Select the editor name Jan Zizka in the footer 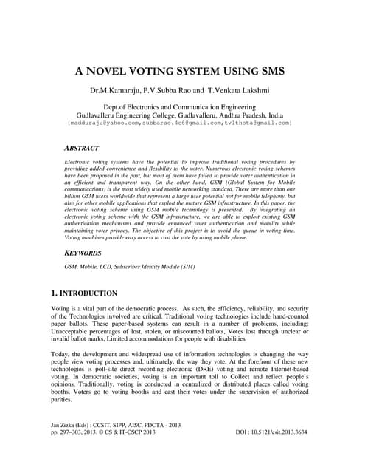(x=65, y=445)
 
